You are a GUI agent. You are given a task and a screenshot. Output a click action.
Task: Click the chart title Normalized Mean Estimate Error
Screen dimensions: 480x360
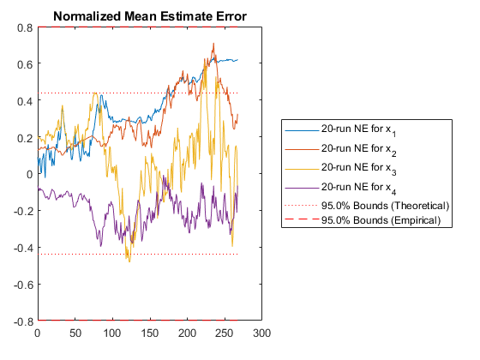click(150, 16)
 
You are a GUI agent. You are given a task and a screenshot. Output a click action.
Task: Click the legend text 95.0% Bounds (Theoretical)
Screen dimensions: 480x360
click(385, 206)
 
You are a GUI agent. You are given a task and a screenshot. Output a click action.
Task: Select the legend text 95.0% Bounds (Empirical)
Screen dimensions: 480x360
click(381, 220)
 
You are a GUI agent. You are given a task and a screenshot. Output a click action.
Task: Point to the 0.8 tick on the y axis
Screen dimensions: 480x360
click(25, 27)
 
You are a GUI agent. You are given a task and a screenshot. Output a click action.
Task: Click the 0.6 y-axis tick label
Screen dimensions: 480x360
click(25, 64)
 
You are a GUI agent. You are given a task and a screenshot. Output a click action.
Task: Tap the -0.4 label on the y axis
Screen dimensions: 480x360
click(23, 248)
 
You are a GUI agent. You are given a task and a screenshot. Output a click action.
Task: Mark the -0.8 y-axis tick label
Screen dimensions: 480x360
click(23, 321)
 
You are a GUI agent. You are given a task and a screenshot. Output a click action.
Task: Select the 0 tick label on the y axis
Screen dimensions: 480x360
click(29, 175)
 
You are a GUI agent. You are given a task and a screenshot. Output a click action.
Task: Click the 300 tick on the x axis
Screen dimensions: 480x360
click(261, 333)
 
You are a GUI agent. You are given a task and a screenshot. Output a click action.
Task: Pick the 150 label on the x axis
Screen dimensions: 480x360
click(150, 333)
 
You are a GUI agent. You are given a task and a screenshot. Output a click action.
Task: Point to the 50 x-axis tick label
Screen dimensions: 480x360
click(75, 333)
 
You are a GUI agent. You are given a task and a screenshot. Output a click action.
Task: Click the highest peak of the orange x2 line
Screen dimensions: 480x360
click(213, 44)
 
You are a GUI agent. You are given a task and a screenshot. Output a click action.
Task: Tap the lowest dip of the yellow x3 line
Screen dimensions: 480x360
click(129, 261)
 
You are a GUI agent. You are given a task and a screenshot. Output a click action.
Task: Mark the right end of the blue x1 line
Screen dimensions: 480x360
click(237, 60)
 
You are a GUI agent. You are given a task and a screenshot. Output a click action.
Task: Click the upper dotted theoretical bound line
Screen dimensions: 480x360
click(138, 93)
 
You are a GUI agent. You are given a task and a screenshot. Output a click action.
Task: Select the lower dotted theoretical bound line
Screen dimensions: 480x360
click(138, 254)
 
